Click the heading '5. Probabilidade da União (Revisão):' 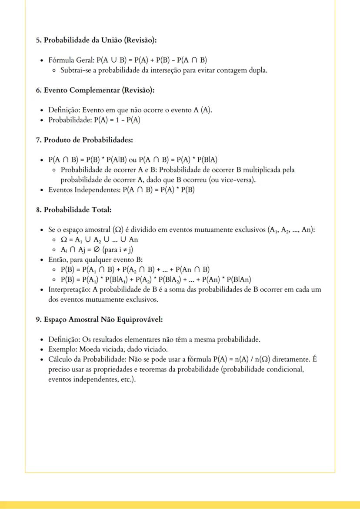[96, 40]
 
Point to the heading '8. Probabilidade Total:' [73, 210]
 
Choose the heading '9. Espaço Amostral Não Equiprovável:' [99, 319]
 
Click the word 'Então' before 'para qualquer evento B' [57, 260]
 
